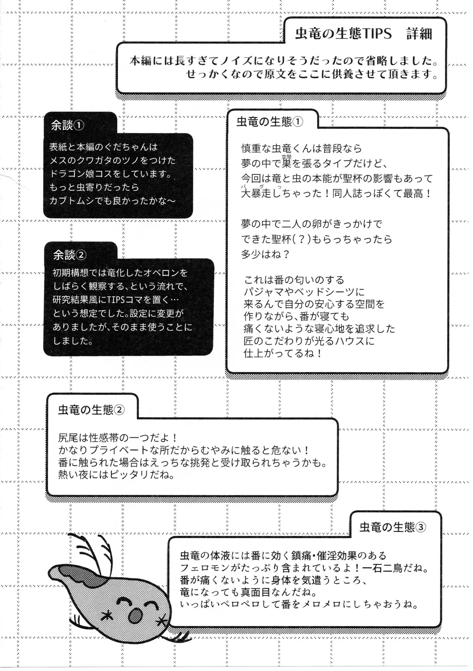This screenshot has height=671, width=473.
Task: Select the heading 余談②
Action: point(70,255)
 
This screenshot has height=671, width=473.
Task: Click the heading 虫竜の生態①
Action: point(270,122)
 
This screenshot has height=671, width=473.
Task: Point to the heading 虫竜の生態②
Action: point(91,410)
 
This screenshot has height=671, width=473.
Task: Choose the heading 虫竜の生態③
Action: point(393,527)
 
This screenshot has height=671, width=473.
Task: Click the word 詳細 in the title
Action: point(419,34)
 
